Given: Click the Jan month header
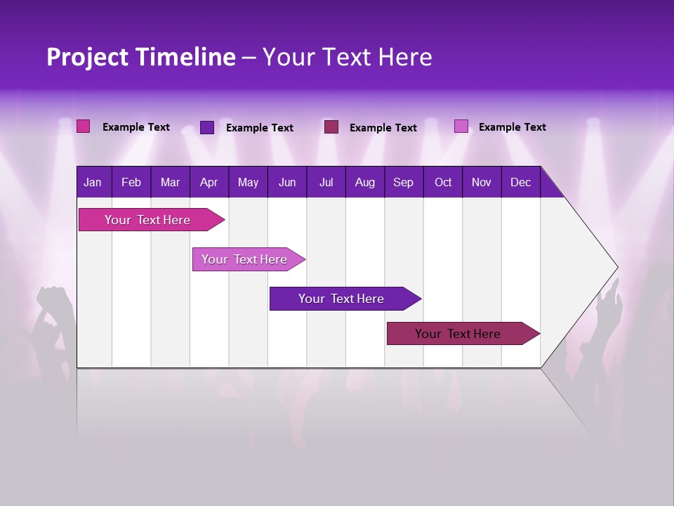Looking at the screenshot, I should (93, 182).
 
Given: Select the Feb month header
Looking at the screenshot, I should (131, 182).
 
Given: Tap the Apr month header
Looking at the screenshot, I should (209, 182).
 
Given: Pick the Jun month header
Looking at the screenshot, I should (287, 182).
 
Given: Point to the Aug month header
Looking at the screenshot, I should (364, 182).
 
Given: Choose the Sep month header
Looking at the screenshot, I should (403, 182).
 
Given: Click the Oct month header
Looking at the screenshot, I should (443, 182).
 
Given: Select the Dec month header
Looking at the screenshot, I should (520, 182).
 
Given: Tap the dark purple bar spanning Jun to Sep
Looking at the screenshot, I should (342, 299).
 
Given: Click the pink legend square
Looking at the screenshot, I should (83, 126).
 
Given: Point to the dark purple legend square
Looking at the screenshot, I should (207, 127).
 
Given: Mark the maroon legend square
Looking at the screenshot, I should (331, 126).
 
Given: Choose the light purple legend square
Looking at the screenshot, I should (461, 126).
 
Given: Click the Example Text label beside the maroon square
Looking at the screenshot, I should (383, 127).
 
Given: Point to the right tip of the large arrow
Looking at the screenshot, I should (616, 267).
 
